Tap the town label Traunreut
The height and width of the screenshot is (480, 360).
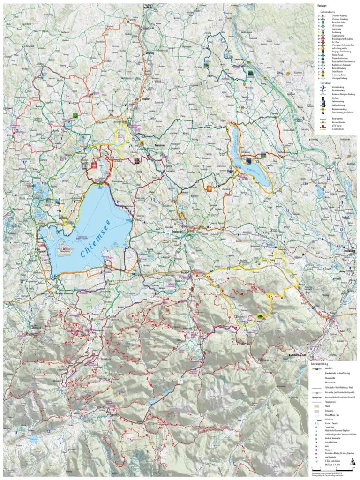tap(161, 146)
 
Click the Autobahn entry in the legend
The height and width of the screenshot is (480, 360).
tap(329, 368)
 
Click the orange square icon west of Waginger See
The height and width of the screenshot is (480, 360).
tap(209, 188)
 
